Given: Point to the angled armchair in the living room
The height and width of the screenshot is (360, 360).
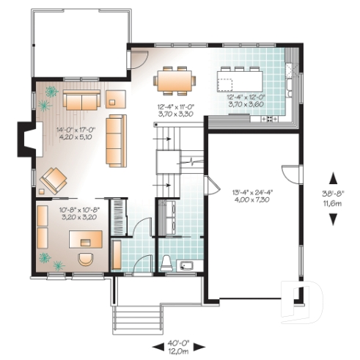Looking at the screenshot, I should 53,179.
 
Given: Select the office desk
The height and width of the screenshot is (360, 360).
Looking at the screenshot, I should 85,238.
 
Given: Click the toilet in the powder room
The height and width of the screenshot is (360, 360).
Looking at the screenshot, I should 166,263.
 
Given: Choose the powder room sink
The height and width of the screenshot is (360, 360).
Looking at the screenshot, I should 188,265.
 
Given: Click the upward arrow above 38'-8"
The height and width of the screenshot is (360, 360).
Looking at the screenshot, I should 332,177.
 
